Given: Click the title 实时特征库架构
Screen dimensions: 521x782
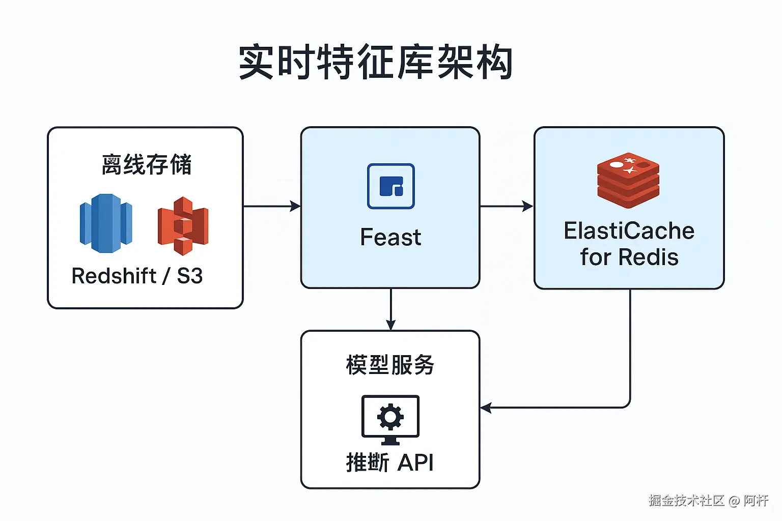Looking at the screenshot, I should pos(376,62).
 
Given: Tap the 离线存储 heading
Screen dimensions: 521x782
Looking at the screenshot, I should pos(146,164).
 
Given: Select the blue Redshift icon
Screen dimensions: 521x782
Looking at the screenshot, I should pos(106,223).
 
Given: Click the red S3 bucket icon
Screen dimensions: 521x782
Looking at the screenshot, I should pos(183,225).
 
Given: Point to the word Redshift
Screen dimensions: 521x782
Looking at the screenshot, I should pos(114,276).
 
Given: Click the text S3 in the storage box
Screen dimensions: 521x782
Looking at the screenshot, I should pos(189,276).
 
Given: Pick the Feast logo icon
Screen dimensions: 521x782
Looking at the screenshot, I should pos(390,186).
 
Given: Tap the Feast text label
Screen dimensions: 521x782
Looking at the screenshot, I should pos(390,238).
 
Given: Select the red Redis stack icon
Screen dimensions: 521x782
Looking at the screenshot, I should pos(628,180).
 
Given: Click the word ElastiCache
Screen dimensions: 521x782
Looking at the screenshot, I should pos(629,231).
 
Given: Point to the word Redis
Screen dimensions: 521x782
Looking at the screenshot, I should pos(648,257).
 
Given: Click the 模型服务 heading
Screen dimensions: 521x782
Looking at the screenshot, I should pos(390,365).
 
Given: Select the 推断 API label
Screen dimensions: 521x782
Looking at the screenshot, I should pos(390,462).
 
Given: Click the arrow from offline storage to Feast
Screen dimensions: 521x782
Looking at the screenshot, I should pos(272,206).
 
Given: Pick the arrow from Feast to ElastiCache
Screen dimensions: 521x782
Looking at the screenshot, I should pos(507,206).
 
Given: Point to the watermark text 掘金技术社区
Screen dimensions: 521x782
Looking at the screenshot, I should pos(686,501).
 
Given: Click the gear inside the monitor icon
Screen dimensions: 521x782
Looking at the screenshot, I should pos(390,417).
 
